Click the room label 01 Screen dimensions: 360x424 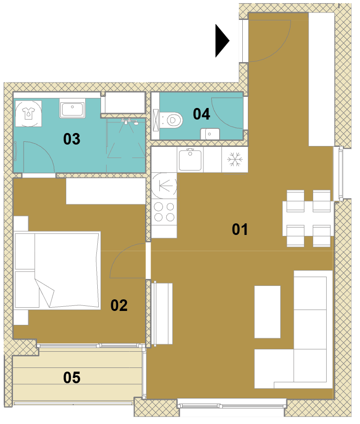(240, 229)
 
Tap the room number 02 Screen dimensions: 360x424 (119, 305)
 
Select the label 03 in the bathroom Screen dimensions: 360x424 (72, 139)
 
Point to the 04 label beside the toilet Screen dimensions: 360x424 (202, 114)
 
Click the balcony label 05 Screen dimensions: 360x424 (72, 378)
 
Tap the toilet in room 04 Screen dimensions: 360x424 (171, 120)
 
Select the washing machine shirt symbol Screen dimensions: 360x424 (28, 114)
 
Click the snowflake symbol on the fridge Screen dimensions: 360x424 (234, 159)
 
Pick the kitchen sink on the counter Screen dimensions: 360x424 (190, 159)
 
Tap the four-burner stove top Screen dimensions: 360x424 (164, 212)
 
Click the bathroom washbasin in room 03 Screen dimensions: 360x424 (72, 108)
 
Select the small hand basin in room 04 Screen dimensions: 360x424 (210, 134)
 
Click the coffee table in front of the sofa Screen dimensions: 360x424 (267, 312)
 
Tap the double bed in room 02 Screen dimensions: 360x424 (57, 270)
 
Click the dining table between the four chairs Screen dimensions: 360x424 (308, 219)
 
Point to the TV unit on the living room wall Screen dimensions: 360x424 (162, 314)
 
